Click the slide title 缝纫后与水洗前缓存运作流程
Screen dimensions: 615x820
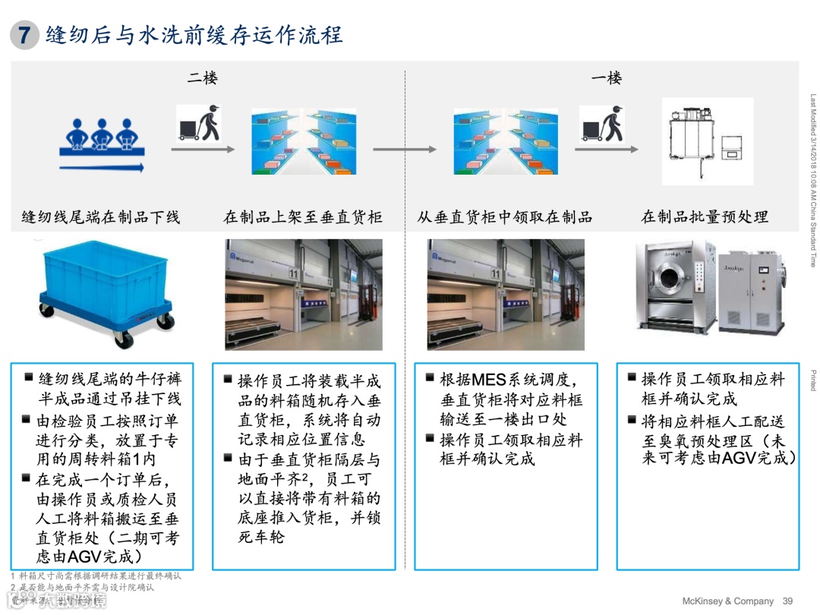[x=194, y=35]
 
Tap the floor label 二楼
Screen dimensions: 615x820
[x=203, y=77]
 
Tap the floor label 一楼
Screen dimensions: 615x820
[x=607, y=77]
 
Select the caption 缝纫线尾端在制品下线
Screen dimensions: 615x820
[x=101, y=217]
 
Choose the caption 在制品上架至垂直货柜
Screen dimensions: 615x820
[x=303, y=217]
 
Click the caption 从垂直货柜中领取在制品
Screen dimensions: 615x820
[x=505, y=217]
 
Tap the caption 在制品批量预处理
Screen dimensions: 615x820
[x=705, y=217]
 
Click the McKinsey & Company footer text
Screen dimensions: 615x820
[x=728, y=601]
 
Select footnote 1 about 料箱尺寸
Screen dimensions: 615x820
[x=96, y=576]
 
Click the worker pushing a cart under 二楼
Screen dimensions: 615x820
[x=200, y=123]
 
